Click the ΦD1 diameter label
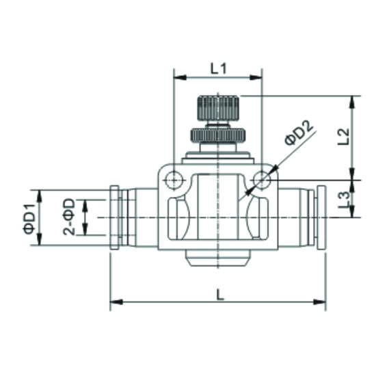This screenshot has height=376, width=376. click(x=29, y=218)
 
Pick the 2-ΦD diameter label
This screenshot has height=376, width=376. click(x=69, y=217)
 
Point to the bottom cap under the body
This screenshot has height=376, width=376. click(x=218, y=258)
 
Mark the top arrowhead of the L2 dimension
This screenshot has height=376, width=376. click(x=353, y=101)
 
